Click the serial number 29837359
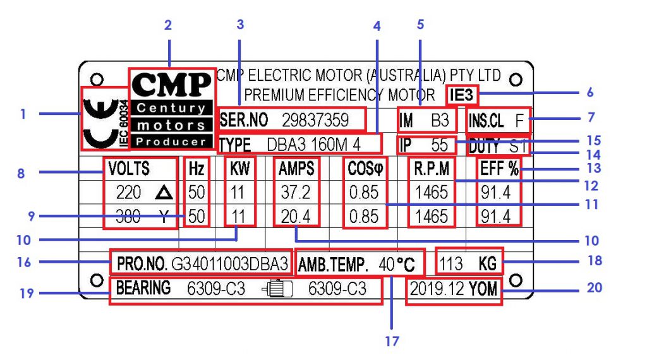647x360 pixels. coord(315,120)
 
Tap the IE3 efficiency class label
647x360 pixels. coord(461,95)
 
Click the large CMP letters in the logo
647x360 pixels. coord(172,84)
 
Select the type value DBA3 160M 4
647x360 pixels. coord(313,145)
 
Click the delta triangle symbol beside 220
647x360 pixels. coord(164,193)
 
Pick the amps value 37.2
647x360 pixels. coord(296,192)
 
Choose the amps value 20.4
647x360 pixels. coord(296,217)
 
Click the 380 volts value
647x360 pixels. coord(128,217)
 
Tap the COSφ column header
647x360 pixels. coord(365,169)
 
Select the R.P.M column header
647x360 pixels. coord(432,169)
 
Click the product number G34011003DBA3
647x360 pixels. coord(229,263)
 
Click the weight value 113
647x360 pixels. coord(450,263)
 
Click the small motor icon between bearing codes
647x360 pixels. coord(277,289)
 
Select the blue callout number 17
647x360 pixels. coord(392,341)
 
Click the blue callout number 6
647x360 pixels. coord(590,92)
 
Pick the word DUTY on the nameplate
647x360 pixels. coord(485,147)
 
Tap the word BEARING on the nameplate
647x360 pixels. coord(143,288)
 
